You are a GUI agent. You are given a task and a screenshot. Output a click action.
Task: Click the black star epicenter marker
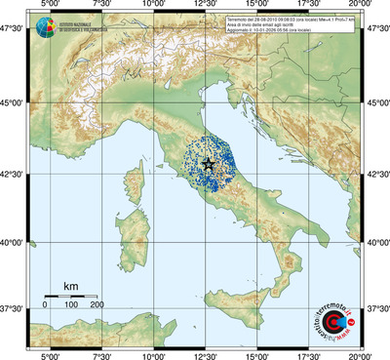click(208, 165)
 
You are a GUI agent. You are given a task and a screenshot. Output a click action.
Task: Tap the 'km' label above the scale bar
click(70, 286)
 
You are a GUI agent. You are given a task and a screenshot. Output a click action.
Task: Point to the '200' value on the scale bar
click(97, 305)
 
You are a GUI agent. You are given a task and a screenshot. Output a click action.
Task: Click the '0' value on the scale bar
click(45, 305)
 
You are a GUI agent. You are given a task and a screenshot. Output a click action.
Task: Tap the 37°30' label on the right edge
click(375, 309)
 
